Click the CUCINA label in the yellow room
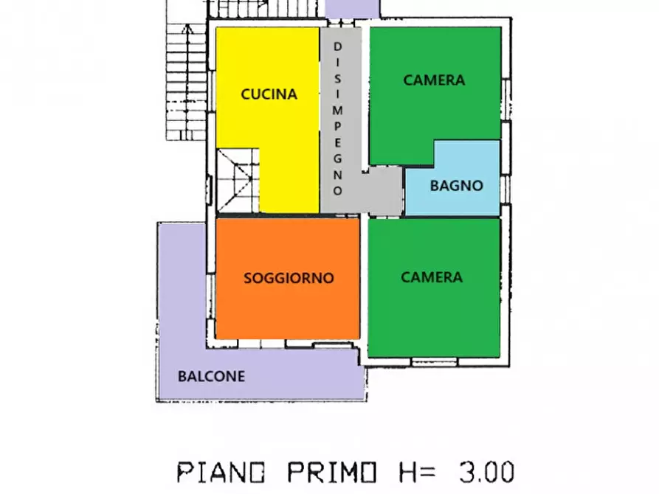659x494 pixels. click(x=269, y=94)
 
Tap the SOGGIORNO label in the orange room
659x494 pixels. click(x=289, y=278)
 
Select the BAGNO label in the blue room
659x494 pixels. click(x=456, y=186)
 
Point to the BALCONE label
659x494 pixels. click(x=211, y=376)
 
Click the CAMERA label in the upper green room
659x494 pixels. click(x=434, y=80)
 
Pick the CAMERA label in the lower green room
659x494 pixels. click(x=432, y=277)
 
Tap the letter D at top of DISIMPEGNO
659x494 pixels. click(x=338, y=46)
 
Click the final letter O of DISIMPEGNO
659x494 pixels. click(x=338, y=190)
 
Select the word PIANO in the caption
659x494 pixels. click(x=214, y=470)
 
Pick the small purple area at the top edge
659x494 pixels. click(x=351, y=8)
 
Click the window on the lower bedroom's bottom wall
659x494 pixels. click(x=433, y=361)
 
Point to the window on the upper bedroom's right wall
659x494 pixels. click(x=506, y=96)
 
